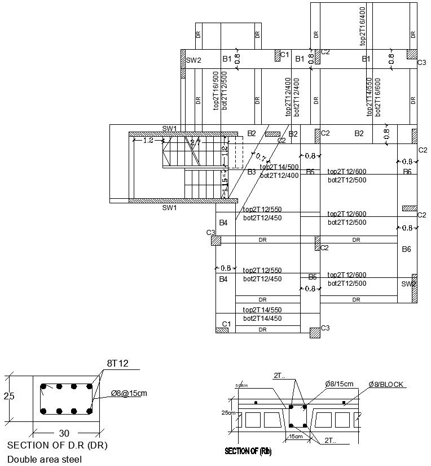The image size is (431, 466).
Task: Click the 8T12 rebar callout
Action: click(117, 363)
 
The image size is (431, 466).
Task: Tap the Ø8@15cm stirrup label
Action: click(129, 393)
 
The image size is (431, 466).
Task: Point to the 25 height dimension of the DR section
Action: click(9, 396)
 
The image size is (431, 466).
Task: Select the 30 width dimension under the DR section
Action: click(64, 433)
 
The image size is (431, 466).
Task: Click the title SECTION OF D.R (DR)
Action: click(57, 445)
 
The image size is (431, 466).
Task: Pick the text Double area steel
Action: click(44, 459)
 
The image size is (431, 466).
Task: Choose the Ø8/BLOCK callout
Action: click(386, 384)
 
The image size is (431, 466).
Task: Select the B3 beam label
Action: click(252, 172)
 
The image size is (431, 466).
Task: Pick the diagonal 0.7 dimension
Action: click(261, 158)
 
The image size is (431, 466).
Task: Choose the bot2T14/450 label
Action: click(262, 318)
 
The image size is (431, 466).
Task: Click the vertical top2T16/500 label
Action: click(215, 90)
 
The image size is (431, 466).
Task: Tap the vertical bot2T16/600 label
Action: click(378, 97)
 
